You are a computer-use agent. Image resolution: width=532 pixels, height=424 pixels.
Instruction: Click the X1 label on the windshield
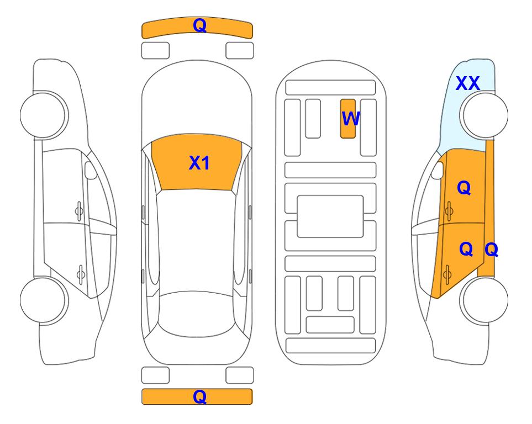click(199, 163)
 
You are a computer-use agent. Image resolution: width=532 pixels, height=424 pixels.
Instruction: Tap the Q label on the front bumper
click(200, 25)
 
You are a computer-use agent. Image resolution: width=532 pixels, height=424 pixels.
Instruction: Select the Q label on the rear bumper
click(200, 396)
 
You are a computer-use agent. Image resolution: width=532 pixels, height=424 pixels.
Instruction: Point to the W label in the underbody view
click(350, 119)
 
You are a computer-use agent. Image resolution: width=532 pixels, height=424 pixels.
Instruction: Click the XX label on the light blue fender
click(467, 83)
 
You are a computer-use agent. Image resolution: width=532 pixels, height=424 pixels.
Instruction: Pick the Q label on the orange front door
click(464, 188)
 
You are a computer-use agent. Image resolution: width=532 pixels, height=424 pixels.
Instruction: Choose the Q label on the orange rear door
click(466, 249)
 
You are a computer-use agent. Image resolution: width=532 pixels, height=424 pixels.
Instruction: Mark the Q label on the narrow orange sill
click(491, 250)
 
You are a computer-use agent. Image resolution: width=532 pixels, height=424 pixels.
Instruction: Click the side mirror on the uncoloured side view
click(91, 170)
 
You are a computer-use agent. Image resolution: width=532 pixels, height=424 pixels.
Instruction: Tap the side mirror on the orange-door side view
click(438, 170)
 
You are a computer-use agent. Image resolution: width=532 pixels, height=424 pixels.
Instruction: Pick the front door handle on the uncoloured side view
click(79, 211)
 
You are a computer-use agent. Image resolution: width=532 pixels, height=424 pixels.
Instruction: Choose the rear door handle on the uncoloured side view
click(81, 274)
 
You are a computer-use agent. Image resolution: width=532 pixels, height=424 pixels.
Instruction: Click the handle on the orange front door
click(449, 211)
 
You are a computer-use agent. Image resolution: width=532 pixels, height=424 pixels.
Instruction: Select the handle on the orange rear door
click(447, 274)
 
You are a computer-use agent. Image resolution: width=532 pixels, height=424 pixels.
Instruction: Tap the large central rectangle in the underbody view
click(330, 216)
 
